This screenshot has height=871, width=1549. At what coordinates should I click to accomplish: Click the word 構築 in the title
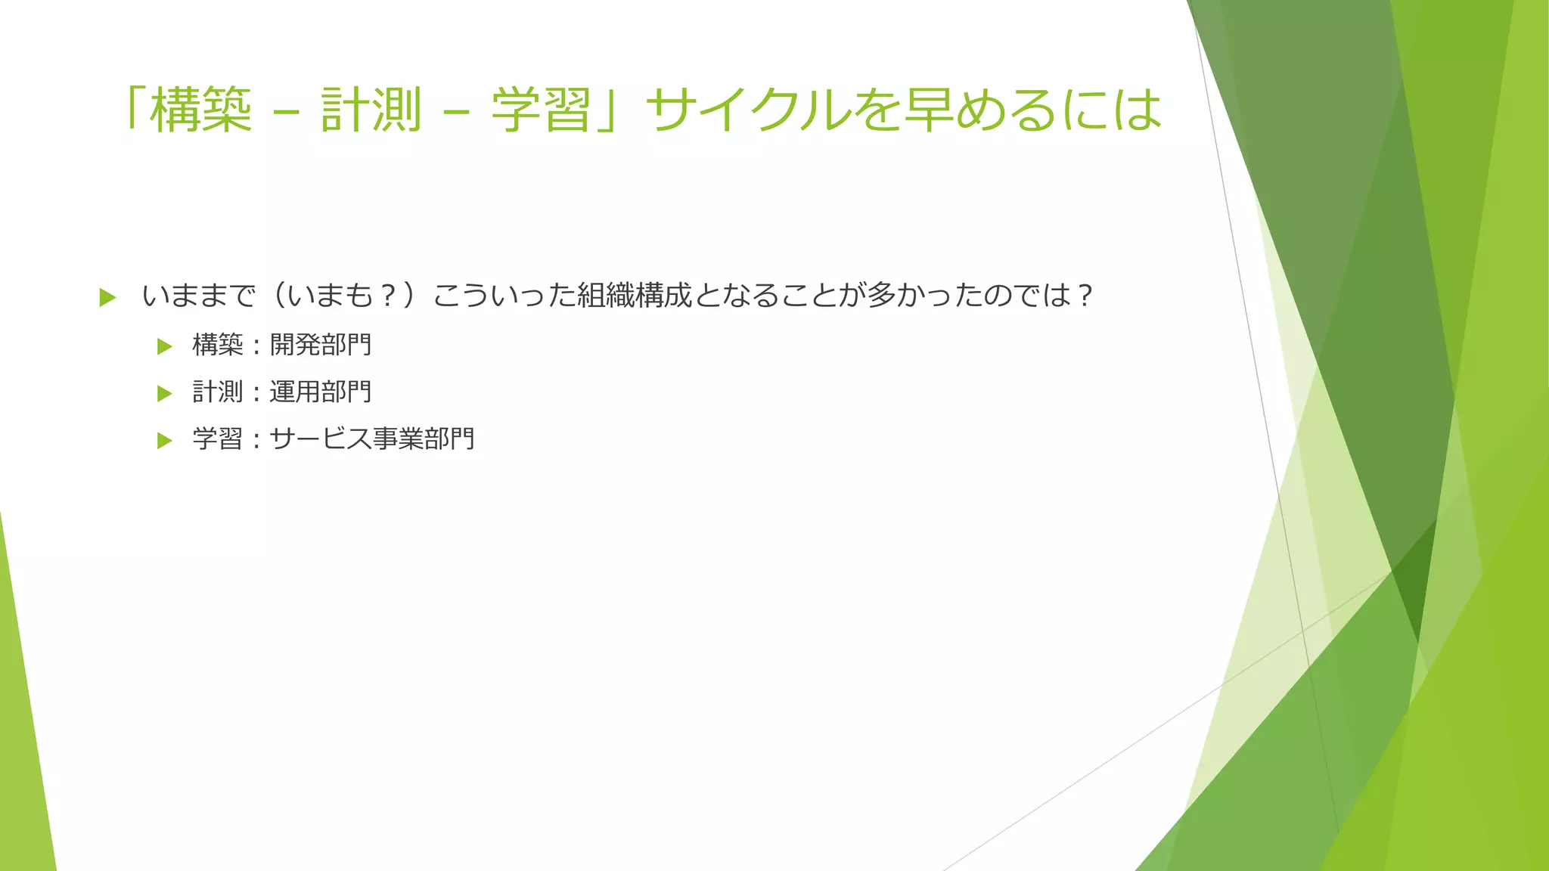coord(200,110)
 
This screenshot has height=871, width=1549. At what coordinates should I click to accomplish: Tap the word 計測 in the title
coord(371,110)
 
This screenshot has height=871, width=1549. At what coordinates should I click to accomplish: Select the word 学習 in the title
coord(541,110)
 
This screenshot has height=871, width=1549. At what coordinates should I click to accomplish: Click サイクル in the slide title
coord(749,110)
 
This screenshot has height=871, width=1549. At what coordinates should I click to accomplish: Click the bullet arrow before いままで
coord(107,297)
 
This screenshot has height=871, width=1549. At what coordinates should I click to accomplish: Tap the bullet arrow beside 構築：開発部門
coord(165,346)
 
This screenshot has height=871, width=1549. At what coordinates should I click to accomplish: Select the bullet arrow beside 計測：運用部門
coord(165,393)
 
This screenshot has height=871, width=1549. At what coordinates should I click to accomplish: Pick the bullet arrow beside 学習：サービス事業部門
coord(165,440)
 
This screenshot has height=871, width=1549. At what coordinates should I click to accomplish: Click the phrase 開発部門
coord(321,346)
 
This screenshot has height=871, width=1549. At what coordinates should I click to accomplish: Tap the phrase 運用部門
coord(321,392)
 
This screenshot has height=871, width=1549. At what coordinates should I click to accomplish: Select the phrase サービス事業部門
coord(372,439)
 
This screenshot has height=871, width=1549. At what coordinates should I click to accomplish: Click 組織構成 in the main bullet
coord(635,296)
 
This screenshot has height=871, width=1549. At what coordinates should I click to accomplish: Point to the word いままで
coord(199,296)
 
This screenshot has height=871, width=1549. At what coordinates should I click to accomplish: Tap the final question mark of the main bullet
coord(1085,296)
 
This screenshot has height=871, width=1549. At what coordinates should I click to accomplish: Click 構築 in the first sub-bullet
coord(218,346)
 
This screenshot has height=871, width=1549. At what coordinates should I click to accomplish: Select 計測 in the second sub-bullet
coord(218,392)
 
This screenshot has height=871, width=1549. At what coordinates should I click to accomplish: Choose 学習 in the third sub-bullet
coord(218,439)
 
